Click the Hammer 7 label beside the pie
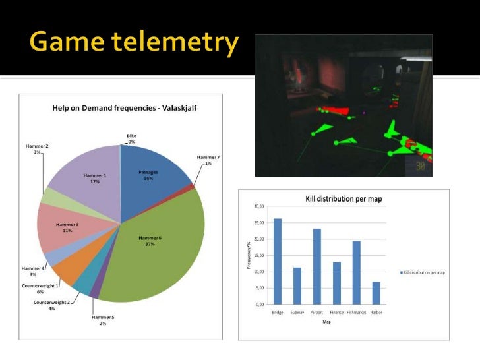tap(208, 160)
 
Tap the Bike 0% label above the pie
tap(131, 138)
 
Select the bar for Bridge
tap(278, 261)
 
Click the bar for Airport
tap(317, 266)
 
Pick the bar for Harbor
tap(376, 293)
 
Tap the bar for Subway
tap(297, 285)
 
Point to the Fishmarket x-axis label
tap(356, 312)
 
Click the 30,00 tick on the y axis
tap(259, 206)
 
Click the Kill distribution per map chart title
tap(343, 198)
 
